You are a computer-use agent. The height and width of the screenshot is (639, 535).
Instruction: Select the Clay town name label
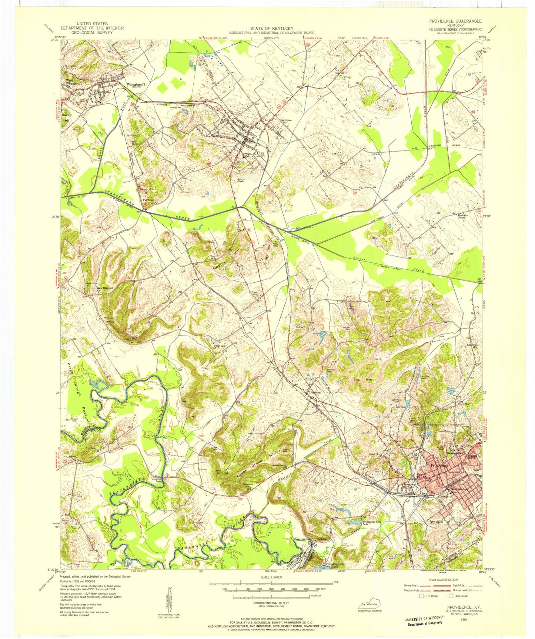[261, 153]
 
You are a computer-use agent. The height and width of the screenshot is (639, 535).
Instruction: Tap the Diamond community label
[315, 392]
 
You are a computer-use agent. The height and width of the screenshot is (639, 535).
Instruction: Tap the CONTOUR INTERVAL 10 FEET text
[271, 603]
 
